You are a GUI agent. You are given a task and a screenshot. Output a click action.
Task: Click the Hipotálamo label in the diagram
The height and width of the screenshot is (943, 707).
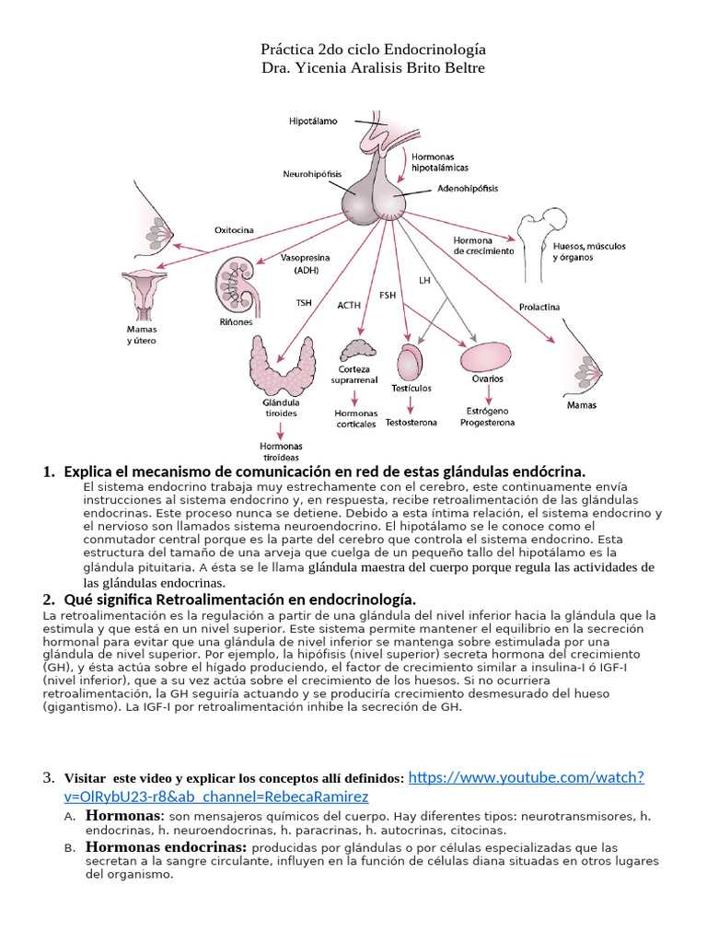point(314,121)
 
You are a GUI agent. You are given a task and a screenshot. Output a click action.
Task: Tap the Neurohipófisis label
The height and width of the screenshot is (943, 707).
point(312,172)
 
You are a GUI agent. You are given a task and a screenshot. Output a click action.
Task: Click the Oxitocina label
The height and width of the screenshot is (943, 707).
point(234,230)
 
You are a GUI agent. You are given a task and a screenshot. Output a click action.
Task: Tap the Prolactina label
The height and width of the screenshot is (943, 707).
point(539,307)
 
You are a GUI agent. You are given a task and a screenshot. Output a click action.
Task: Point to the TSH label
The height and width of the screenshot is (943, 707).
point(304,302)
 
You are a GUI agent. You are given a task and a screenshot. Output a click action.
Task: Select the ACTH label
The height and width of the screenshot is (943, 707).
point(349,305)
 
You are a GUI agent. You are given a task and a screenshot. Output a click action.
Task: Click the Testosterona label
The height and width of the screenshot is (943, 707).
point(411,422)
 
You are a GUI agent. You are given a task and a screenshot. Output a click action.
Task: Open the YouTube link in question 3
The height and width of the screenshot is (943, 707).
point(525,778)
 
